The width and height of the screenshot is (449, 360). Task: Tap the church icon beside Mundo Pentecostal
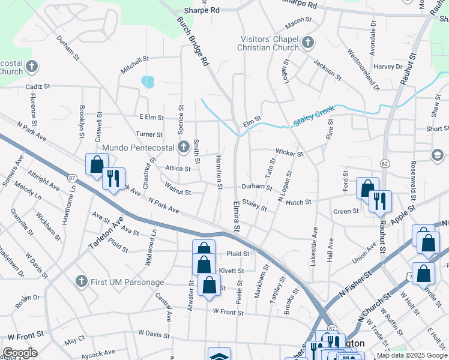[x=184, y=147]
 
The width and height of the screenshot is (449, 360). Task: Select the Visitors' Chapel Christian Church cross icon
[x=308, y=43]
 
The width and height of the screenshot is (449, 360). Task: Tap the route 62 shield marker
[x=384, y=163]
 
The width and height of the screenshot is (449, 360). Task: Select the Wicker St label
[x=290, y=153]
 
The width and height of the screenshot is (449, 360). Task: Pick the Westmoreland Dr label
[x=363, y=68]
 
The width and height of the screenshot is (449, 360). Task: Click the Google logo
[x=20, y=352]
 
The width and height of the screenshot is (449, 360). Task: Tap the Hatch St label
[x=298, y=202]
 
